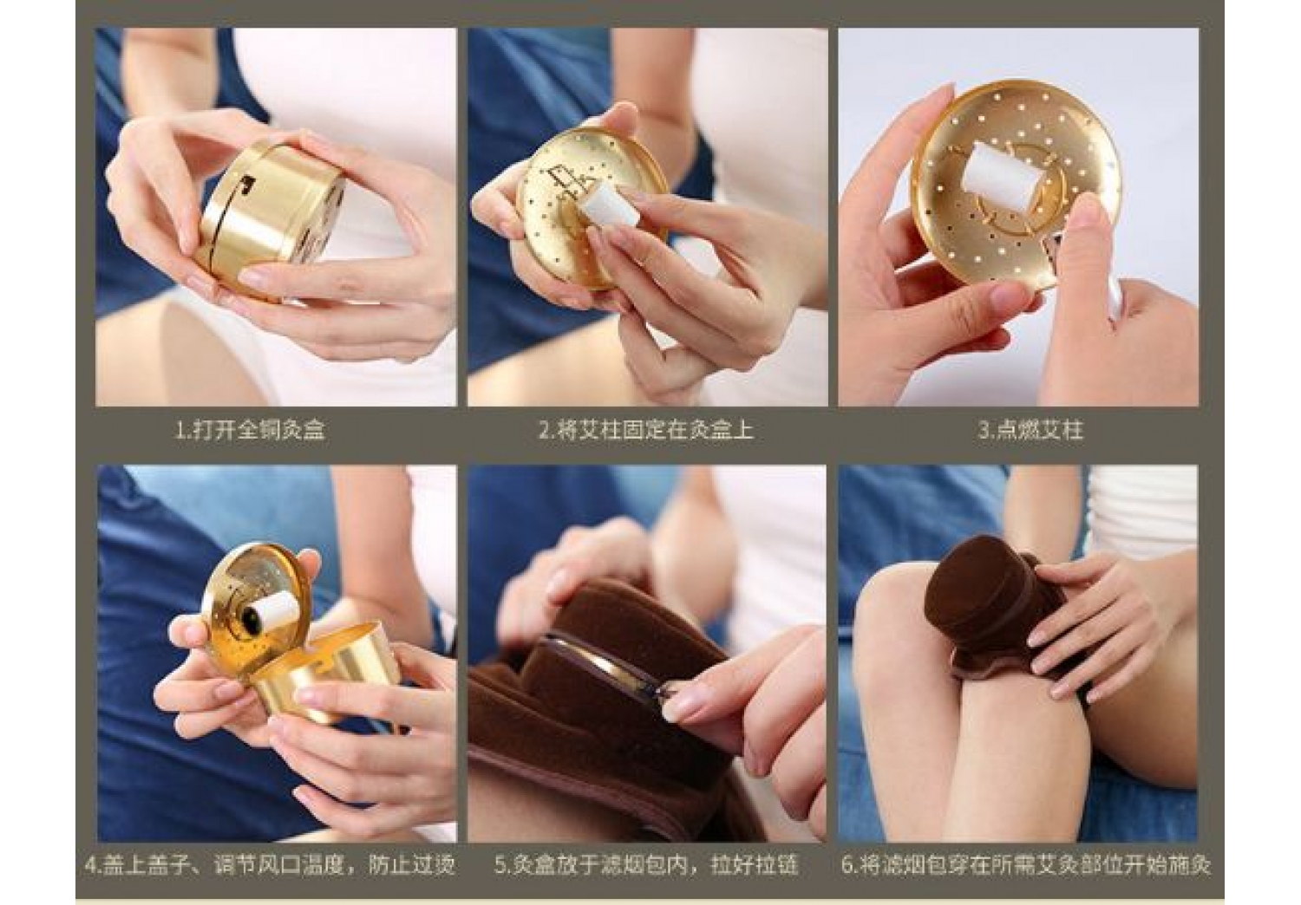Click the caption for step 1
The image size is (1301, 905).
250,430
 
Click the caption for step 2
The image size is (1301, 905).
646,430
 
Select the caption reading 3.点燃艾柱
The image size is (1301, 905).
1031,430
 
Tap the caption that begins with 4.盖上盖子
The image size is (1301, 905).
270,865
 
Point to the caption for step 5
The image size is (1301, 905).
646,865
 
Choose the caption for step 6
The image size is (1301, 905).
1026,865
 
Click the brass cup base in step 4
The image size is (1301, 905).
325,674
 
